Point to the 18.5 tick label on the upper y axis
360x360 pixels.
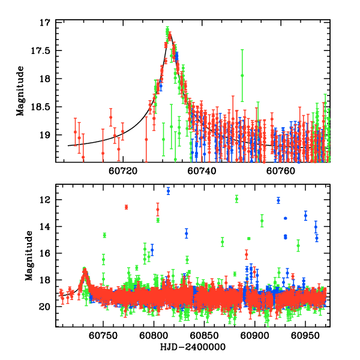(x=43, y=106)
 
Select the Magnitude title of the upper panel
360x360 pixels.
(x=22, y=90)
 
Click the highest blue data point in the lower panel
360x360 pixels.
(x=168, y=191)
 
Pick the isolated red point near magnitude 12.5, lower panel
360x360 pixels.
(x=127, y=207)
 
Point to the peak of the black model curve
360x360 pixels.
(x=170, y=34)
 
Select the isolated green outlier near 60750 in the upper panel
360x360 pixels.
(x=242, y=75)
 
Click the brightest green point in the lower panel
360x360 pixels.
(x=237, y=199)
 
